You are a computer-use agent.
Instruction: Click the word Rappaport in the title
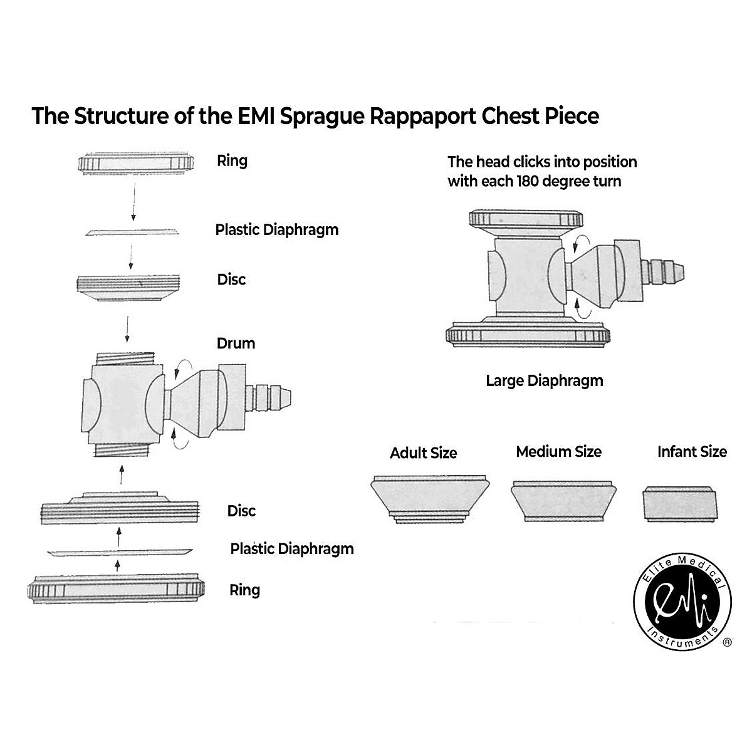[x=422, y=117]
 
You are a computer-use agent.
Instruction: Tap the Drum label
[x=236, y=343]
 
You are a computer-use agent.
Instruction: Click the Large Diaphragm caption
[x=545, y=381]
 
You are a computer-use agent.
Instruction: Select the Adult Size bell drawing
[x=430, y=499]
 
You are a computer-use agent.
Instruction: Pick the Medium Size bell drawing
[x=563, y=501]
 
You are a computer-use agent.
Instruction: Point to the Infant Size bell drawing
[x=680, y=504]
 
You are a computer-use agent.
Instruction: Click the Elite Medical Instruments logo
[x=682, y=602]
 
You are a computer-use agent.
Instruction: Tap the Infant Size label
[x=692, y=452]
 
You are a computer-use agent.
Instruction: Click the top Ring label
[x=232, y=161]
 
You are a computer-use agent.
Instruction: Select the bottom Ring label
[x=244, y=590]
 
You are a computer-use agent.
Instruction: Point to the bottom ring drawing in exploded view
[x=116, y=589]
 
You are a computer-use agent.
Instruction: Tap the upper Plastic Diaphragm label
[x=277, y=230]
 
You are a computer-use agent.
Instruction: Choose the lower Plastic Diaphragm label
[x=292, y=549]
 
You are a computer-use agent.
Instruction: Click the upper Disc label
[x=231, y=279]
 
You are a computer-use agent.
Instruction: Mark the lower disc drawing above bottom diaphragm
[x=120, y=508]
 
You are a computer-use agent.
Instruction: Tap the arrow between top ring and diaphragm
[x=133, y=201]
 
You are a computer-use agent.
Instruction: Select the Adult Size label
[x=424, y=453]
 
